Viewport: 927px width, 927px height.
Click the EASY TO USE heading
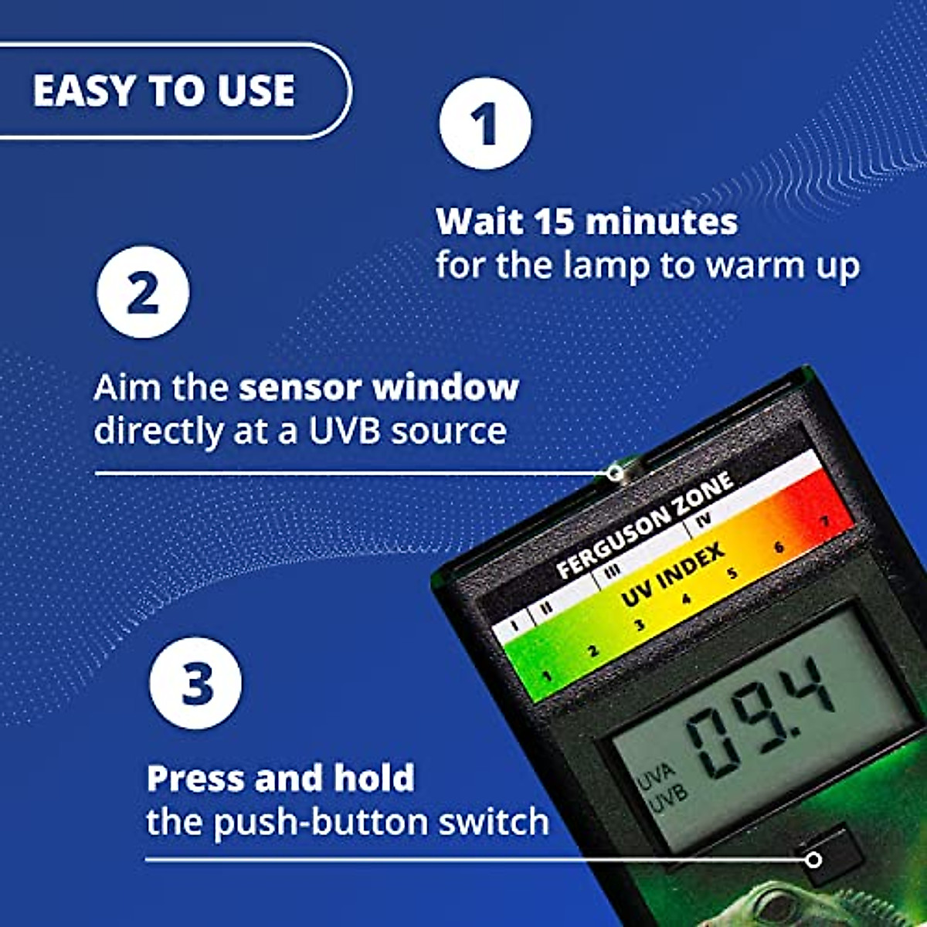pyautogui.click(x=164, y=90)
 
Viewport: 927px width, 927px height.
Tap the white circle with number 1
pyautogui.click(x=485, y=123)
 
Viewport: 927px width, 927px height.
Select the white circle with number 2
pyautogui.click(x=143, y=292)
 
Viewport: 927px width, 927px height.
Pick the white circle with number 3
pyautogui.click(x=196, y=683)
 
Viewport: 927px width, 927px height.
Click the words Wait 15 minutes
pyautogui.click(x=586, y=222)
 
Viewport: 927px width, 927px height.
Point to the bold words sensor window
pyautogui.click(x=379, y=387)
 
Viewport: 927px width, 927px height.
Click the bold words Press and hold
pyautogui.click(x=280, y=778)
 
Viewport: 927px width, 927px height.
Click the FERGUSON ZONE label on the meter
pyautogui.click(x=644, y=525)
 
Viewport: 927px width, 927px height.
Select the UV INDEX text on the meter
pyautogui.click(x=672, y=575)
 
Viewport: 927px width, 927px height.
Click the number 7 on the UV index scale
pyautogui.click(x=824, y=521)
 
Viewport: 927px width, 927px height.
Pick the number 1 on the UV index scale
pyautogui.click(x=547, y=677)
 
